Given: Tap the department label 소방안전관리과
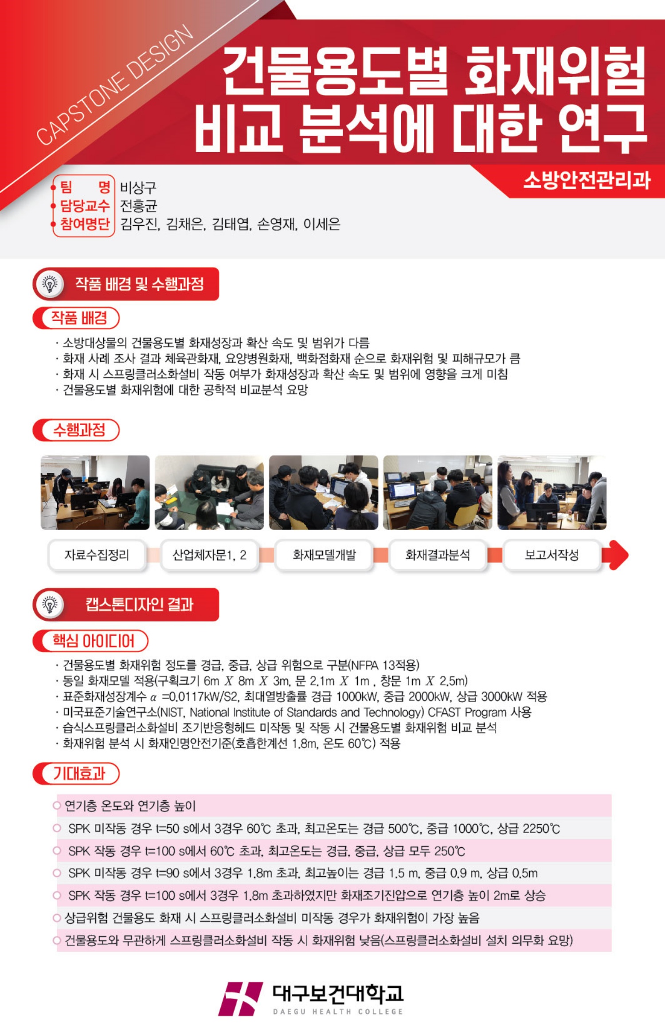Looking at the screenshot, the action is [x=587, y=180].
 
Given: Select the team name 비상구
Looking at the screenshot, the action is [x=138, y=187].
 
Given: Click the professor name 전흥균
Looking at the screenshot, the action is [x=139, y=205].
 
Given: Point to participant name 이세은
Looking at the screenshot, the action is [x=322, y=224].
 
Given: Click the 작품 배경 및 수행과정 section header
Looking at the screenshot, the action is [x=126, y=284].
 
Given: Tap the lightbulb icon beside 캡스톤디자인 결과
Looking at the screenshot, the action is [x=50, y=604].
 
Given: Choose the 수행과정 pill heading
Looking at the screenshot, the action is [x=76, y=430].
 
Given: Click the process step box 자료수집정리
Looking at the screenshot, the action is [x=97, y=555].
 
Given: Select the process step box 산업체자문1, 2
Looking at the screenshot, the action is [x=209, y=555].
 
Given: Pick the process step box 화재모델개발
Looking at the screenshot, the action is [x=324, y=555].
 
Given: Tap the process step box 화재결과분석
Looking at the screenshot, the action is [x=438, y=555].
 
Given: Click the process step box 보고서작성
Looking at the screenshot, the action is [x=552, y=555].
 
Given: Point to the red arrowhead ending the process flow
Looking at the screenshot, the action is [x=618, y=555].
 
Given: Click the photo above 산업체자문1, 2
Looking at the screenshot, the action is [x=209, y=492].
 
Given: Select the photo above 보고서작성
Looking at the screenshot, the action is [x=552, y=492].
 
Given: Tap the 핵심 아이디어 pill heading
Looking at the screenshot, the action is [x=90, y=641].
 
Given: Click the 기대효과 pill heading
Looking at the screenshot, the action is [x=76, y=773].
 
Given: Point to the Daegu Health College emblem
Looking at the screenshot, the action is [x=241, y=999].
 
